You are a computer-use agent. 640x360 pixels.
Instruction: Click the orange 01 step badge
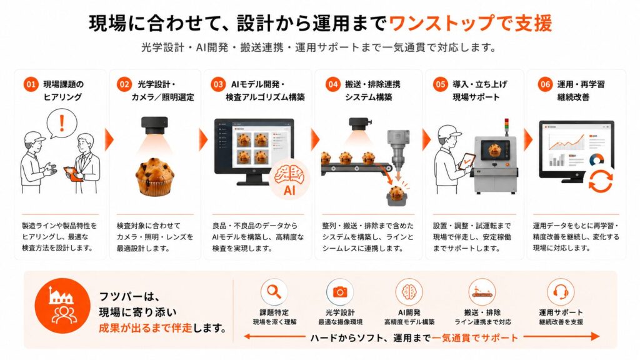point(31,84)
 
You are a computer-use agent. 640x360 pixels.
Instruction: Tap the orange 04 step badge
point(332,84)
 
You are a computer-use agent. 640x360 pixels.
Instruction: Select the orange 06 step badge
point(545,84)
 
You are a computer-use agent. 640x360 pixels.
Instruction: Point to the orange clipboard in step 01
point(72,174)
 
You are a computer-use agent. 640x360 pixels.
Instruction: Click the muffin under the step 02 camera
point(155,176)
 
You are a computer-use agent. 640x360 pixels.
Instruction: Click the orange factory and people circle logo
point(62,306)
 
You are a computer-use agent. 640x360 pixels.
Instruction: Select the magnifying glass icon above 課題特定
point(274,292)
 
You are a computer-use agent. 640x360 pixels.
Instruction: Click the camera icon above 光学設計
point(339,292)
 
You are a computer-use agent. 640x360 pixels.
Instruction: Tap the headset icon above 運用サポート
point(561,292)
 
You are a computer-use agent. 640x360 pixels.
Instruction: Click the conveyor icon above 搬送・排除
point(482,292)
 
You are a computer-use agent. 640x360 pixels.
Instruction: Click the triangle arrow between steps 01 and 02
point(109,140)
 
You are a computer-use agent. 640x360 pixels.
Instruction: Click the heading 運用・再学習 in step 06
point(581,84)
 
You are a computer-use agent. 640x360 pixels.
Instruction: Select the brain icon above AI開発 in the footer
point(409,292)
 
